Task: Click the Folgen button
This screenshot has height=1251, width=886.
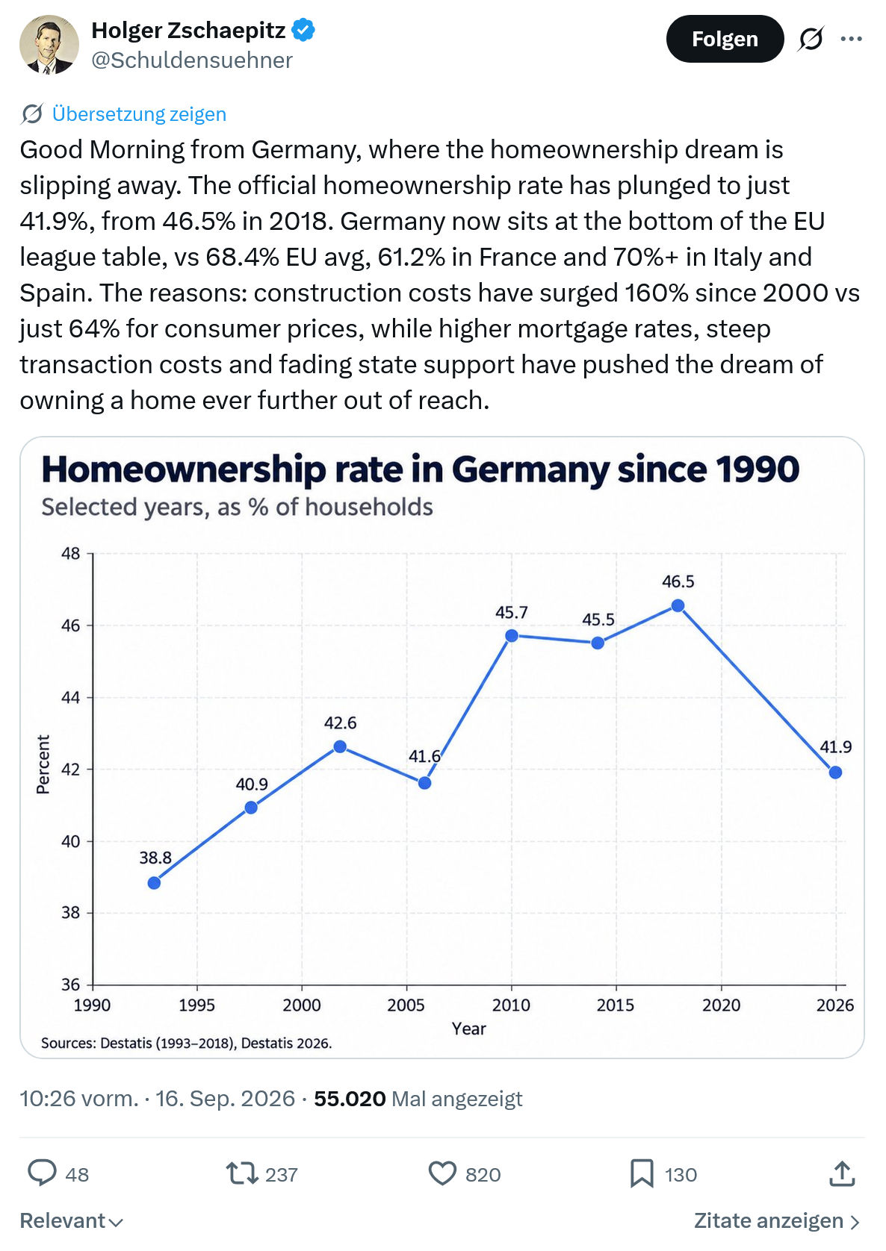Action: (x=725, y=39)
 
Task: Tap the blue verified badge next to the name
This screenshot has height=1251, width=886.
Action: (x=303, y=30)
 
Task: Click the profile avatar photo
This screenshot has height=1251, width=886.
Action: (x=49, y=45)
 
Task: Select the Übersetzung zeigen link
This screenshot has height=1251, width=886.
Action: (x=139, y=114)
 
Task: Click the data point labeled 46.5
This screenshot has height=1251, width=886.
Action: (x=678, y=606)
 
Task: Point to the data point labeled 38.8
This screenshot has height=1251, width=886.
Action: (x=155, y=883)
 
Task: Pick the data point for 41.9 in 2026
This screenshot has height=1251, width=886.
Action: (x=835, y=773)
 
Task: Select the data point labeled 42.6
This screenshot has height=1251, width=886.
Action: (x=340, y=746)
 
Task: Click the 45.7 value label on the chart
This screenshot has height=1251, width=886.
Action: (x=512, y=613)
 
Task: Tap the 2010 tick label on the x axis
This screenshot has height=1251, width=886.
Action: (x=511, y=1005)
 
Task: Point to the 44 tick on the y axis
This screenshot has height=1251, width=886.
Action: (x=70, y=698)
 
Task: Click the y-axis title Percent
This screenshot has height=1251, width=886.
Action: (x=43, y=764)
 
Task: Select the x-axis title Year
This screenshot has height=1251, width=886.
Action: (x=469, y=1029)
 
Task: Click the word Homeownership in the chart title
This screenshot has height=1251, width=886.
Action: (x=184, y=469)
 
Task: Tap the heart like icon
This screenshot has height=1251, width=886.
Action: (x=442, y=1174)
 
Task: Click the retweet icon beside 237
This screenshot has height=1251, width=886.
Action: (x=241, y=1174)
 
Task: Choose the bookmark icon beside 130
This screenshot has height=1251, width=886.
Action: (x=642, y=1174)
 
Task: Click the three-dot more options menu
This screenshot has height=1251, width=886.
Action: (x=851, y=39)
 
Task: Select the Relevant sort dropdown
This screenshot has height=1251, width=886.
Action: (x=71, y=1221)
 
